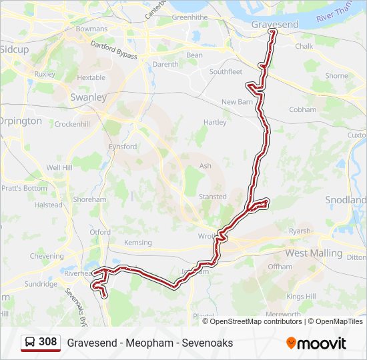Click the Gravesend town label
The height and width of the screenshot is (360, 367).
pos(275,24)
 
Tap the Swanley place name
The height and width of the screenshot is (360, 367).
pos(88,97)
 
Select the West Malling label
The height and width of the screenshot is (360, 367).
pos(314,253)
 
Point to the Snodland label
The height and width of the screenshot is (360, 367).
pos(346,200)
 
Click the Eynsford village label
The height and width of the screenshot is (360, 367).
pos(123,147)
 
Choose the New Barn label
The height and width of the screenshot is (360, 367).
pos(238,102)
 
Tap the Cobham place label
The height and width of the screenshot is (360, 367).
pos(302,110)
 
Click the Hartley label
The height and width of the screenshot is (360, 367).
pos(215,123)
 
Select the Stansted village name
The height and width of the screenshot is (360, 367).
pos(212,197)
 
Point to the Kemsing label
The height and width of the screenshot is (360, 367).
pos(138,243)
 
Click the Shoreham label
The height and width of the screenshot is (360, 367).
pos(89,199)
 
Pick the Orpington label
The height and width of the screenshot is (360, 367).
pos(20,121)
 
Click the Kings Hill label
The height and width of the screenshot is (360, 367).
pos(300,296)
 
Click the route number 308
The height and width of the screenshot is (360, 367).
pos(47,342)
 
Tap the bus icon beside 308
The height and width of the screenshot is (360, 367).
pos(31,342)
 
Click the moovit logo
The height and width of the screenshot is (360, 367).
pos(316,343)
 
